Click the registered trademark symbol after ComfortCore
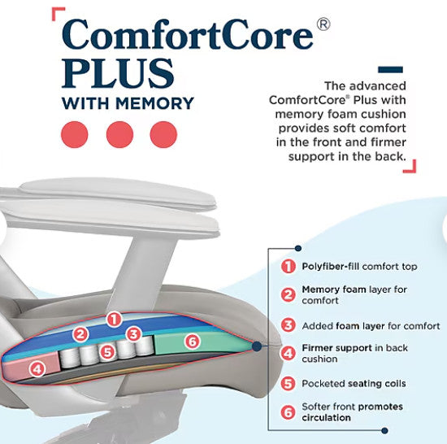click(x=323, y=24)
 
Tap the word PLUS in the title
click(x=118, y=73)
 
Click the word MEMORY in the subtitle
click(x=154, y=103)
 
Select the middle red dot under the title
click(x=119, y=135)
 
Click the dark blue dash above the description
click(x=390, y=70)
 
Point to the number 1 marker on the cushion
click(x=114, y=320)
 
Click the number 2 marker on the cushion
click(x=80, y=334)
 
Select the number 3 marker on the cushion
click(x=134, y=334)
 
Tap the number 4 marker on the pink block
click(x=37, y=369)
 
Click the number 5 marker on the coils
click(x=107, y=352)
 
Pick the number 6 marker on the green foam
click(x=193, y=342)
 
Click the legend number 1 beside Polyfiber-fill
click(x=289, y=267)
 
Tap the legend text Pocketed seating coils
click(x=354, y=384)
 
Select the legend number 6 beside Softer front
click(x=289, y=412)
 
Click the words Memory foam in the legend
click(x=334, y=289)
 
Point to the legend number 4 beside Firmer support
click(x=289, y=354)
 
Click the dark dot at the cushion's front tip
click(x=257, y=346)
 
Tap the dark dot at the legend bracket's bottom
click(x=384, y=430)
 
